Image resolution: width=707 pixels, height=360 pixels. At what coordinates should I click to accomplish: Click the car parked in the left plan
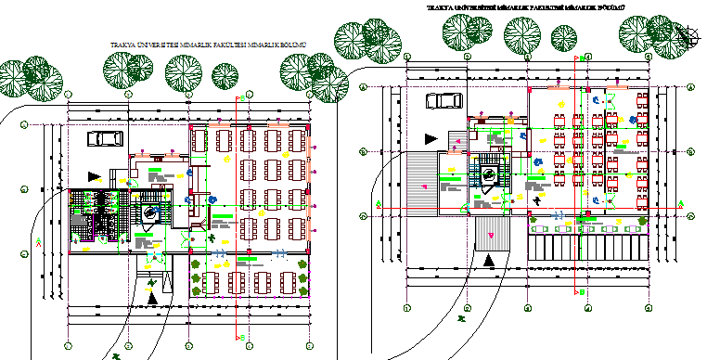point(105,137)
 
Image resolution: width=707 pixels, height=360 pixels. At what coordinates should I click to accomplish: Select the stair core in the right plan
point(488,172)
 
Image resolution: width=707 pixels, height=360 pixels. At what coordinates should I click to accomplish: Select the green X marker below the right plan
point(461,319)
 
